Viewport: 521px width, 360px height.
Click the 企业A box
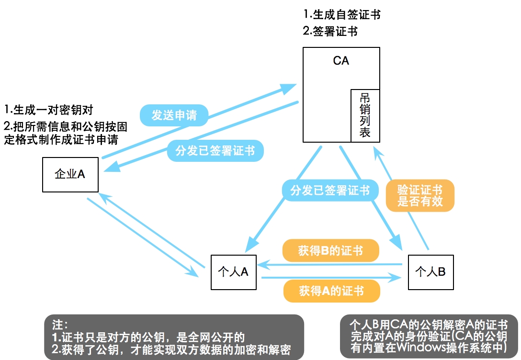click(x=70, y=174)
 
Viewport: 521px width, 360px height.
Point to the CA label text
click(x=341, y=61)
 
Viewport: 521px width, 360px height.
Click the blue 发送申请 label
click(x=174, y=115)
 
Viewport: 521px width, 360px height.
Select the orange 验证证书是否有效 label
click(x=420, y=195)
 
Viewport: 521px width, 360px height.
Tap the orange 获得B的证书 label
click(x=330, y=251)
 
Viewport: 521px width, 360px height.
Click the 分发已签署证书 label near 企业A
click(x=215, y=151)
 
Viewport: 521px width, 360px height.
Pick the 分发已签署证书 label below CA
click(x=330, y=190)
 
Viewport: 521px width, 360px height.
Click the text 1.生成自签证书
click(x=342, y=14)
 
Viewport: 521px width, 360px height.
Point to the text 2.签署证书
click(x=330, y=32)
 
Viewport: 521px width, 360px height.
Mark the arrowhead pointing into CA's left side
click(x=290, y=89)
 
